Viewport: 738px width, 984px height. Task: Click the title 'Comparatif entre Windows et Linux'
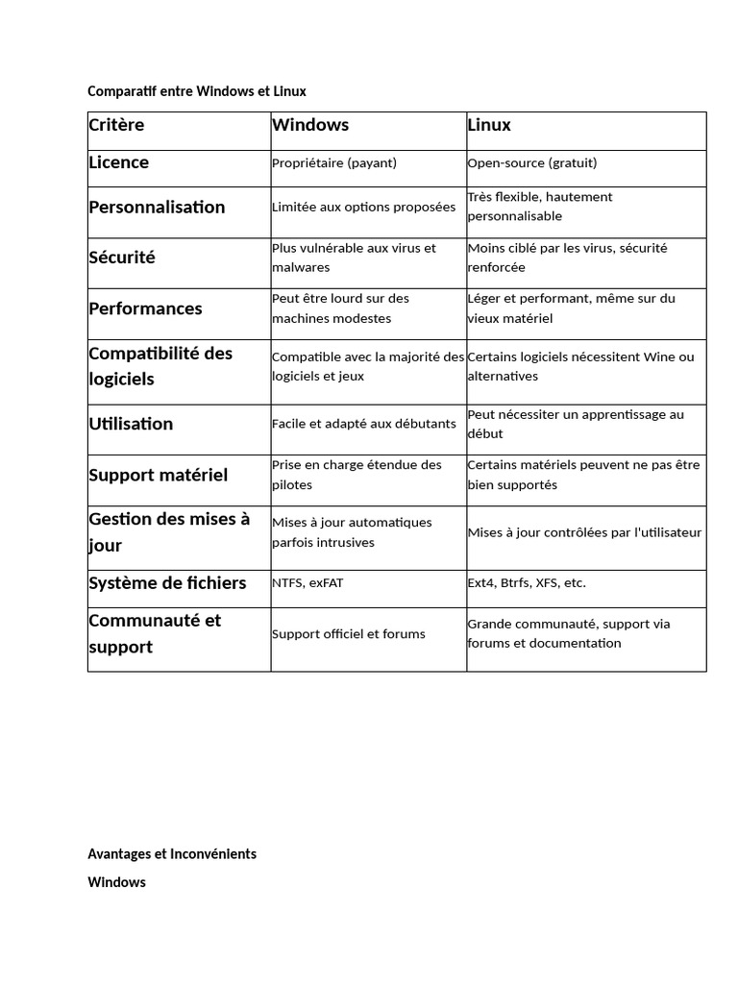click(197, 91)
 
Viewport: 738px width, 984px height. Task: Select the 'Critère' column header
click(116, 125)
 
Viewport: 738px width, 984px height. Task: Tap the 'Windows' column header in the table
click(310, 125)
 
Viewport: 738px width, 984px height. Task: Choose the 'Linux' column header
click(489, 125)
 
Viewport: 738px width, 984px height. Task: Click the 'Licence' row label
click(119, 162)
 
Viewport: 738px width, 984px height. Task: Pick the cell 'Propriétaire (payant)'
click(334, 163)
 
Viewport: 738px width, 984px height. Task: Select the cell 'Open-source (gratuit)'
click(532, 163)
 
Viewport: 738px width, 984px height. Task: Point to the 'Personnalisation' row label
click(157, 207)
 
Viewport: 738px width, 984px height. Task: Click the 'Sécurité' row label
click(122, 258)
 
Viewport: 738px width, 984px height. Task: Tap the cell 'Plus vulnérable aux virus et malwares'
click(354, 258)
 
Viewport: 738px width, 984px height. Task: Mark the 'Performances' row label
click(145, 308)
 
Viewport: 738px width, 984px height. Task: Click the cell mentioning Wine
click(580, 366)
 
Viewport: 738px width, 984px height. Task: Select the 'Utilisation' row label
click(131, 424)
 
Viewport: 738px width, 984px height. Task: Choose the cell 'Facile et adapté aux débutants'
click(364, 424)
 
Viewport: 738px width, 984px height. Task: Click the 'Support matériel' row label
click(159, 475)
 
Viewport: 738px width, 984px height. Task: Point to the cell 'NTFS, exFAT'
click(307, 583)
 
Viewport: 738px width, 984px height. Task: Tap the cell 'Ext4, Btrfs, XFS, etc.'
click(527, 583)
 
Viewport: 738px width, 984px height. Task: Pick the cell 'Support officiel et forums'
click(349, 634)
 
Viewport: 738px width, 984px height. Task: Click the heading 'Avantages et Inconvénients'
click(172, 853)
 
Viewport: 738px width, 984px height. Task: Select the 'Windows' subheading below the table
click(116, 882)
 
